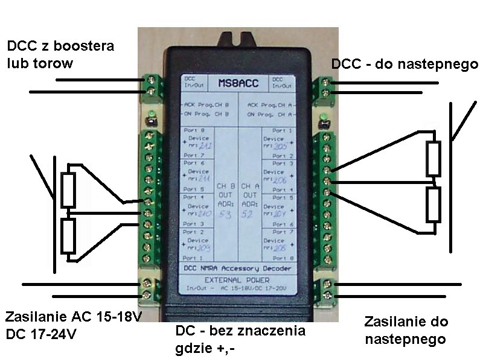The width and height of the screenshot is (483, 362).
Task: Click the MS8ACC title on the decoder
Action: click(237, 83)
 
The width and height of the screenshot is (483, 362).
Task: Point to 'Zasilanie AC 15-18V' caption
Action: click(72, 317)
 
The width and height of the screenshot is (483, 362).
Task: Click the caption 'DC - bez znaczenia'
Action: click(240, 331)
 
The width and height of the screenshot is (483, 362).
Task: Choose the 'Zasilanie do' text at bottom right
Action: click(406, 322)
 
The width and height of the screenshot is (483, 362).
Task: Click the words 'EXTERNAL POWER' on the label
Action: click(237, 280)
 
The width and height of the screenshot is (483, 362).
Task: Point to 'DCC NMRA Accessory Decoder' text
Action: click(237, 268)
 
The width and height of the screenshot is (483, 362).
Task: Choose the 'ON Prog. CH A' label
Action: click(270, 113)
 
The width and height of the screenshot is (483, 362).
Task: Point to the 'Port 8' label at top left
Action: click(192, 130)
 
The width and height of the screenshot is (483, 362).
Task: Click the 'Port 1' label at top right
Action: click(283, 130)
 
